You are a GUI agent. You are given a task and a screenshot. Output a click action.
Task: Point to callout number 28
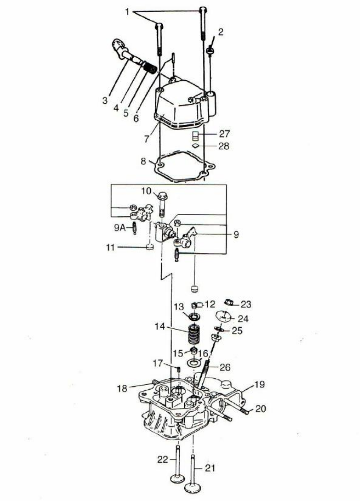click(223, 145)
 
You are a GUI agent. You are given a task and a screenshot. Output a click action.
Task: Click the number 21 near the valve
click(210, 468)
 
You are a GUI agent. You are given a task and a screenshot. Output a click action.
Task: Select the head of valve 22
click(177, 479)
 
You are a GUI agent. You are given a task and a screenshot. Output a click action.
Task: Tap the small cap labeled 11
click(149, 247)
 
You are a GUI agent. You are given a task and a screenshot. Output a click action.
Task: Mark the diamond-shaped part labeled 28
click(194, 146)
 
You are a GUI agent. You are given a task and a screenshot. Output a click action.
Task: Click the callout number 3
click(105, 100)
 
